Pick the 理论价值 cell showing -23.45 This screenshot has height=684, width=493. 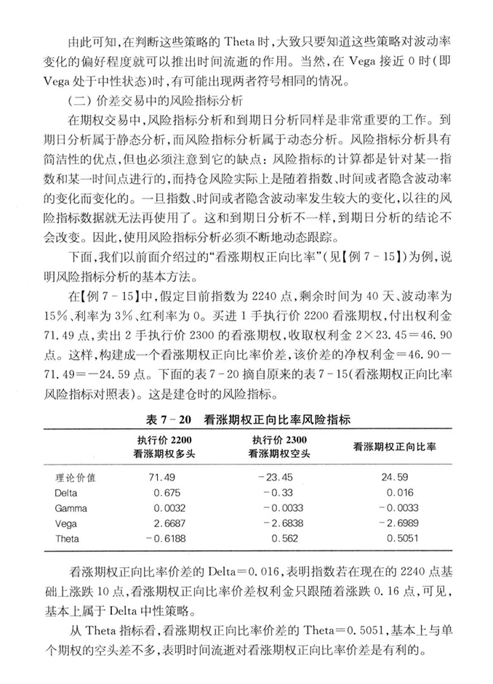pyautogui.click(x=279, y=478)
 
